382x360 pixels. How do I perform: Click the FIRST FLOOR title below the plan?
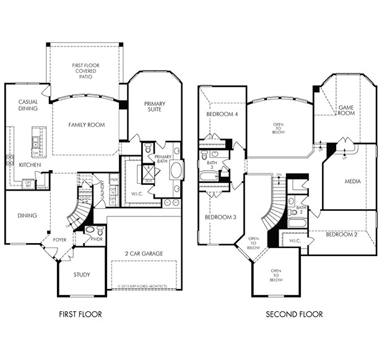[x=80, y=314]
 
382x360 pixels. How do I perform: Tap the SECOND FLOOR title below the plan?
[x=294, y=314]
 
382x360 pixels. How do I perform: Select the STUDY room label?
[x=81, y=275]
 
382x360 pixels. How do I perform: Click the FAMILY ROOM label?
[x=86, y=125]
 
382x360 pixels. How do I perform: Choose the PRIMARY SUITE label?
[x=155, y=108]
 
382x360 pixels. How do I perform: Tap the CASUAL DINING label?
[x=28, y=105]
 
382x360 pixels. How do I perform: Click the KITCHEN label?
[x=29, y=165]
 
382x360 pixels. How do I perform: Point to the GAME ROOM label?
[x=345, y=110]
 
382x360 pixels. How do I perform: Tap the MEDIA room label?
[x=352, y=182]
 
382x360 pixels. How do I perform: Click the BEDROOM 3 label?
[x=221, y=217]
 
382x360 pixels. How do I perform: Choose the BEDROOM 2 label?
[x=342, y=234]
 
